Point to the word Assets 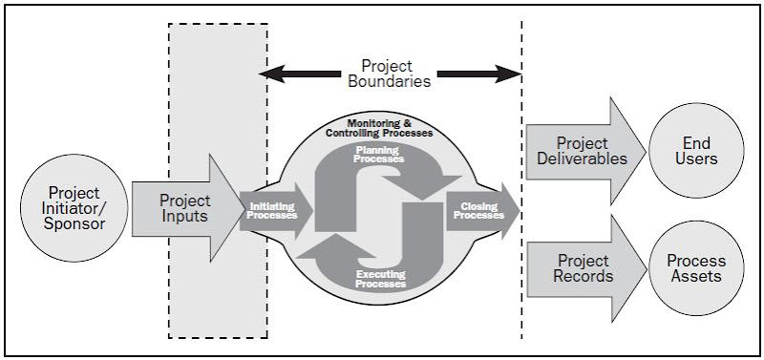695,277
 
